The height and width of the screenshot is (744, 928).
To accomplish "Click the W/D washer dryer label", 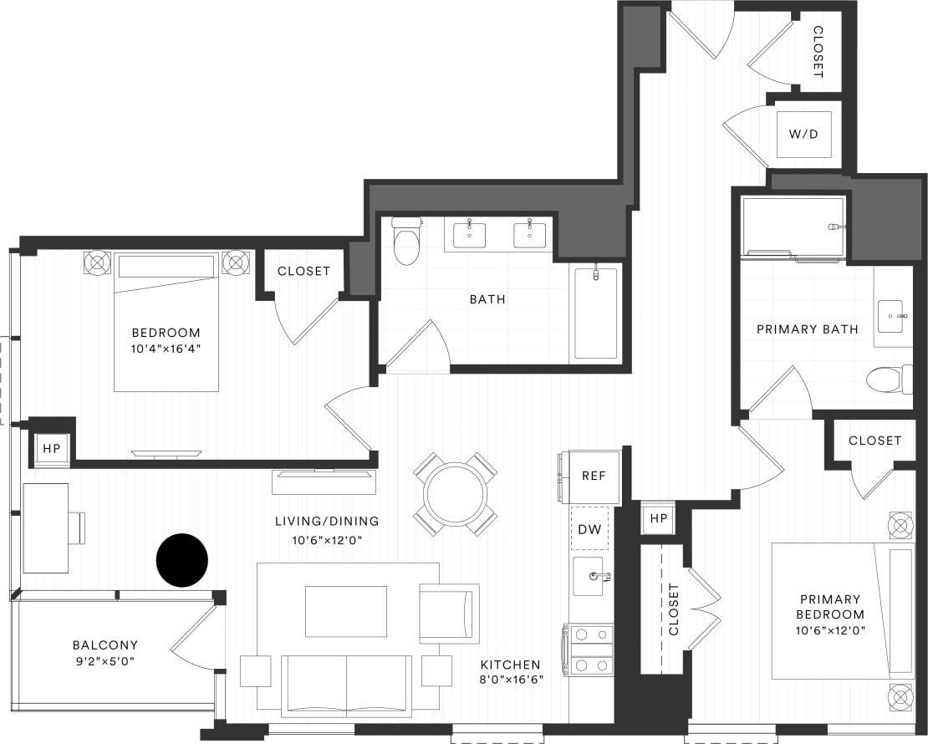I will point(803,135).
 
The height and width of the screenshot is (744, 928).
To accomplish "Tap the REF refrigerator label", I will point(594,476).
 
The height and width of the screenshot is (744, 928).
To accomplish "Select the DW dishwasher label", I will point(589,528).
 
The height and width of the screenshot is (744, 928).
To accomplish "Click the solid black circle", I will point(182,559).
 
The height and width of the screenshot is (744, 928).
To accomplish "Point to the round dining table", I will point(456,494).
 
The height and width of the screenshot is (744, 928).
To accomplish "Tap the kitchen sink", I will point(589,576).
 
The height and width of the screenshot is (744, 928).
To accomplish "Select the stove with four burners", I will point(590,650).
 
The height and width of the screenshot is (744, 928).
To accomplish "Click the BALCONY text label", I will point(105,645).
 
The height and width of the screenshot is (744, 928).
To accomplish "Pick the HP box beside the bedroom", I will point(51,449).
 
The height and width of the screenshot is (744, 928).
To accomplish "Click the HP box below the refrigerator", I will point(659,519).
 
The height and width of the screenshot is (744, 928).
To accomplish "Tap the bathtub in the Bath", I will point(596,313).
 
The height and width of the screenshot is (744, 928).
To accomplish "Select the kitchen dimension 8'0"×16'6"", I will point(512,679).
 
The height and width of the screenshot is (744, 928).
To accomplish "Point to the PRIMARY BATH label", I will point(807,329).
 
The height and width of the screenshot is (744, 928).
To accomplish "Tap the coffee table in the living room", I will point(345,611).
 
